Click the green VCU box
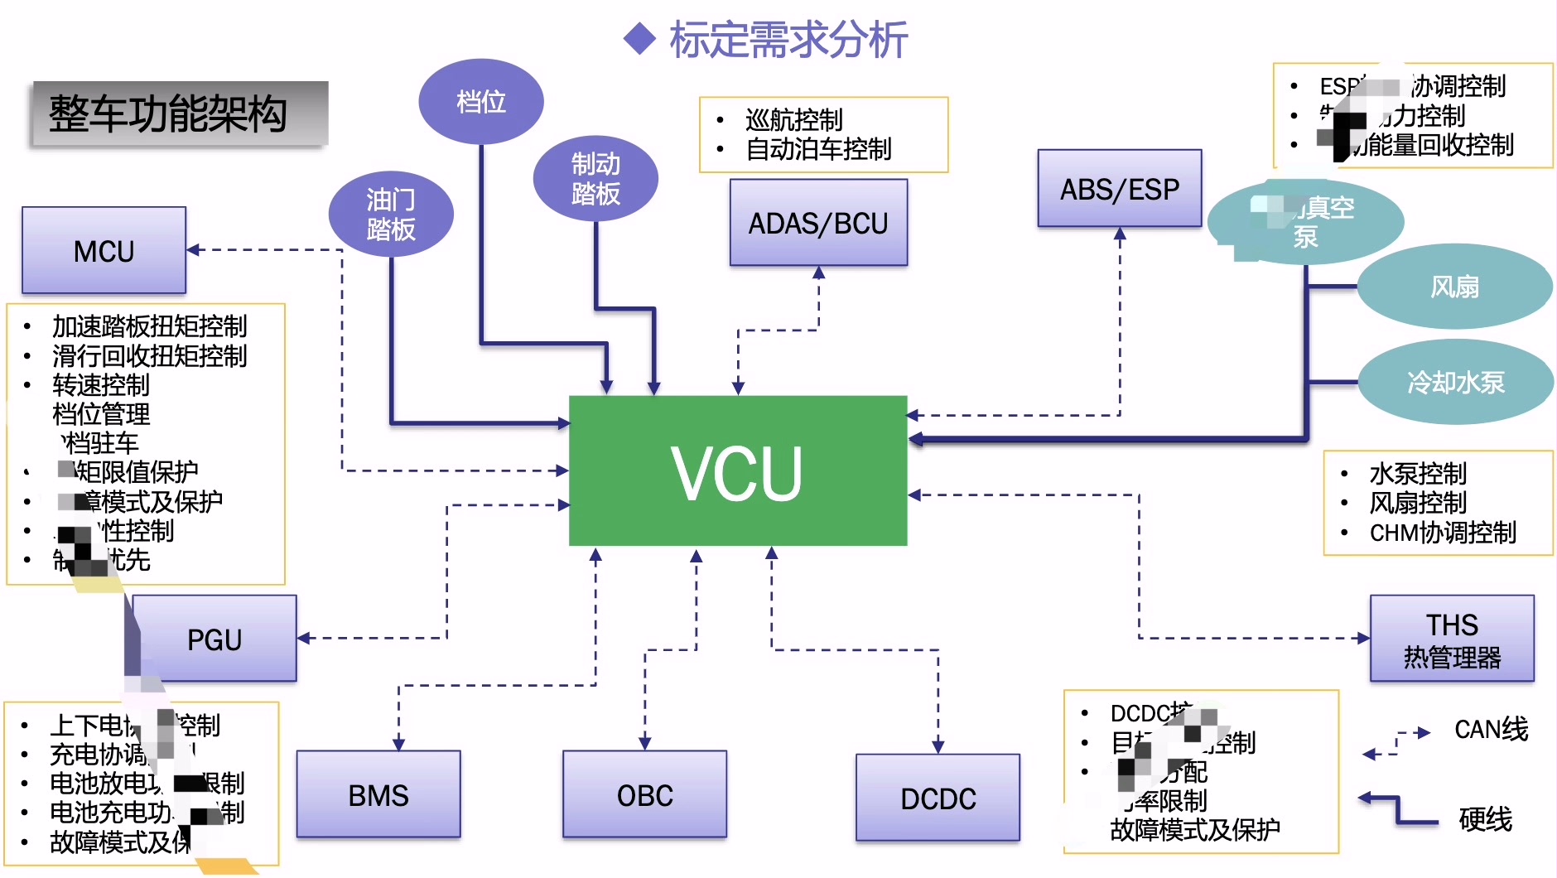coord(737,470)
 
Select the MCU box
coord(104,250)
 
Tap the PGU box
coord(215,639)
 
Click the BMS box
coord(378,794)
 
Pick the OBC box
coord(644,794)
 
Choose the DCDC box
coord(938,798)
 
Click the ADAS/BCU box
coord(818,223)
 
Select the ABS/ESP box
coord(1119,189)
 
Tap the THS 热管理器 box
coord(1452,639)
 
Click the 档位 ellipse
coord(480,101)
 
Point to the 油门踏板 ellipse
coord(391,214)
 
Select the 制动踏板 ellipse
coord(595,178)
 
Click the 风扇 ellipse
coord(1454,287)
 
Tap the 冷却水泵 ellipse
coord(1455,382)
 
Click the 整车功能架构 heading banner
coord(179,114)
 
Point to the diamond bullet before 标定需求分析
coord(639,39)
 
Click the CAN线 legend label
coord(1491,729)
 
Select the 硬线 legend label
coord(1485,818)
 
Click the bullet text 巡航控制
coord(793,120)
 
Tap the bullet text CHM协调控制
coord(1443,532)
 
